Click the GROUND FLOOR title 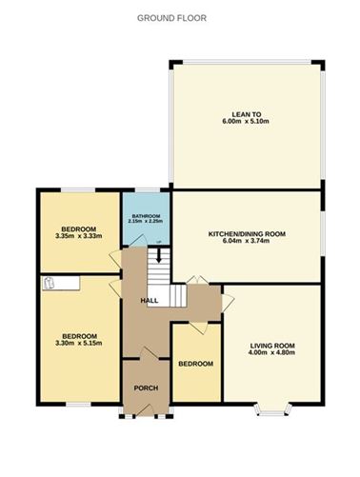(171, 18)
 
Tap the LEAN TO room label (246, 114)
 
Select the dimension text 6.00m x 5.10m (246, 121)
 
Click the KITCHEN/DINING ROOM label (247, 234)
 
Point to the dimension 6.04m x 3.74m (247, 241)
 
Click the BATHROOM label (146, 216)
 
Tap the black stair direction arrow (158, 255)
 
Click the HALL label (150, 301)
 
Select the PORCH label (146, 388)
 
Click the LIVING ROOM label (272, 346)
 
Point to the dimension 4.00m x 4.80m (272, 352)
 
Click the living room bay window (272, 409)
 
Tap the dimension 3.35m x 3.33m (78, 236)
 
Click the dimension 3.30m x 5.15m (79, 343)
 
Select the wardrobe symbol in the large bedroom (61, 283)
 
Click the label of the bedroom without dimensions (195, 364)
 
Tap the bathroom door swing (138, 241)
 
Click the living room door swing (228, 303)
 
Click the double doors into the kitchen (197, 280)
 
